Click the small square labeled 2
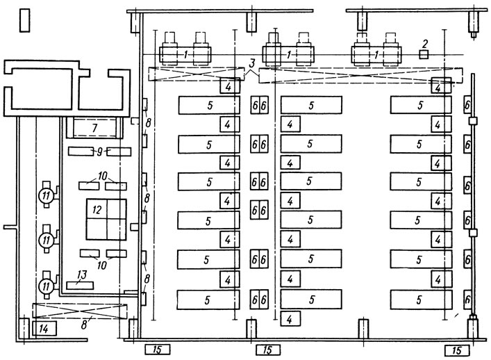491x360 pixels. click(424, 54)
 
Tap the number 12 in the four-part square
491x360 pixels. click(97, 210)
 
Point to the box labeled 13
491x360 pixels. click(80, 285)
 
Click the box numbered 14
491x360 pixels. click(44, 329)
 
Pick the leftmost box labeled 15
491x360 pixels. click(158, 350)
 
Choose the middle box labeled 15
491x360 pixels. click(268, 350)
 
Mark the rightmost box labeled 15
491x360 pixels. click(457, 350)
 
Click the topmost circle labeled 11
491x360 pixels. click(47, 196)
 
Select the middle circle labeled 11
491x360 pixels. click(47, 240)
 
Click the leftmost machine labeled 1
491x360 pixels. click(185, 54)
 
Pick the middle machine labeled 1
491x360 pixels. click(288, 54)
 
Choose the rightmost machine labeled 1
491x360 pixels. click(376, 54)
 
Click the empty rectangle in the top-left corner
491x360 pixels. click(25, 20)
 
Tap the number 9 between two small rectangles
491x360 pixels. click(99, 152)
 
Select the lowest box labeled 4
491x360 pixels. click(290, 319)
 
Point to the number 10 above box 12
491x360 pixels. click(102, 176)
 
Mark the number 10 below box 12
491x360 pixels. click(102, 265)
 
